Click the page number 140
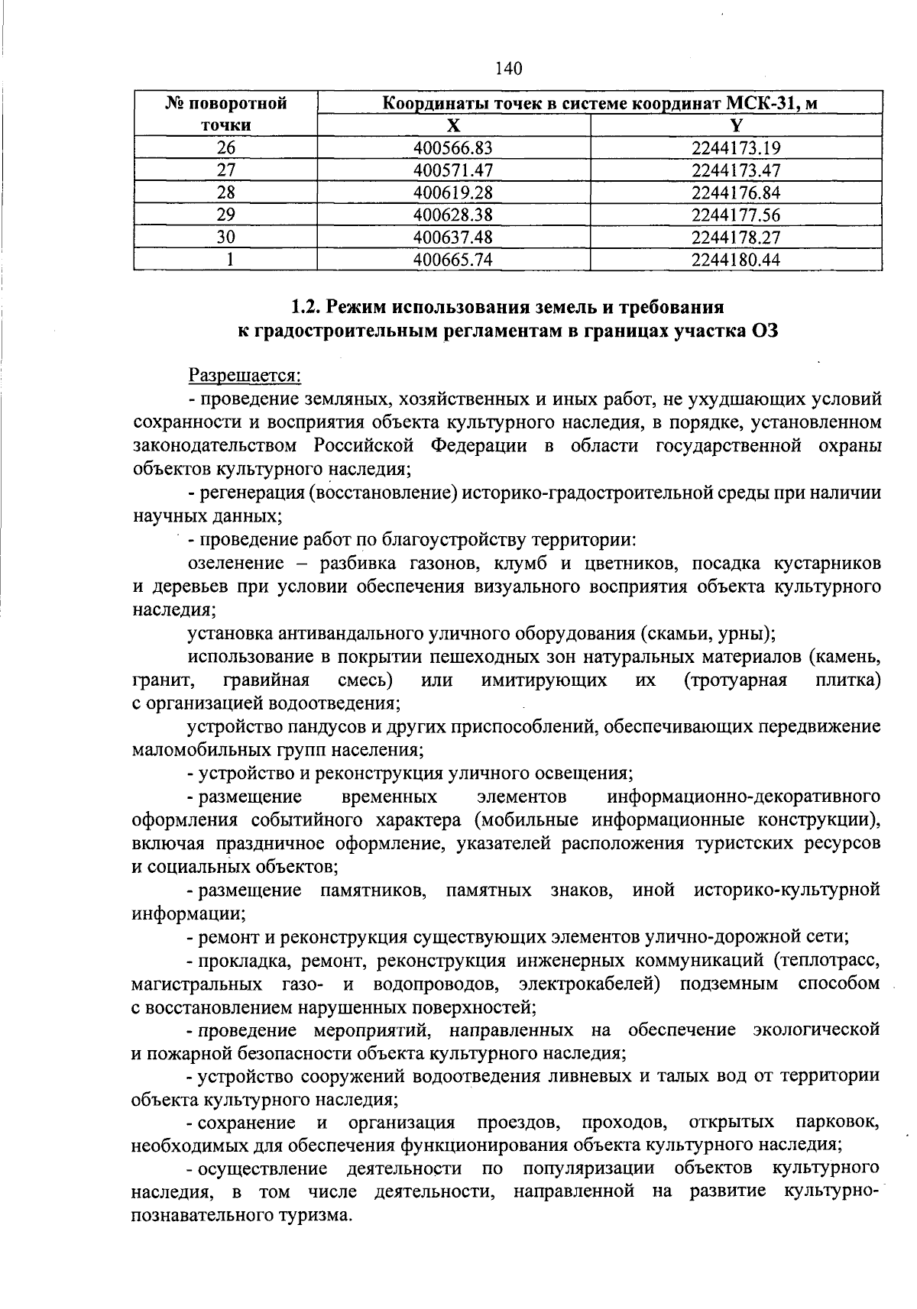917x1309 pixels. [508, 69]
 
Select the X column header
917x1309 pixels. [453, 126]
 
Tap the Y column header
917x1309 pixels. [736, 126]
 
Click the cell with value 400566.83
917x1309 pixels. [453, 148]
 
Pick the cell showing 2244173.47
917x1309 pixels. [736, 170]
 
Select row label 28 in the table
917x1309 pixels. [225, 192]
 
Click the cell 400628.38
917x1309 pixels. [453, 215]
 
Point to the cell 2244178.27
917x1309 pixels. [736, 237]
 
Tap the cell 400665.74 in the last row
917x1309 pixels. [453, 260]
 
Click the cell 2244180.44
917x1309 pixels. [736, 260]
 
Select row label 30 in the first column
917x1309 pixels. [225, 237]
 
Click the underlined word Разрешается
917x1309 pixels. [245, 376]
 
